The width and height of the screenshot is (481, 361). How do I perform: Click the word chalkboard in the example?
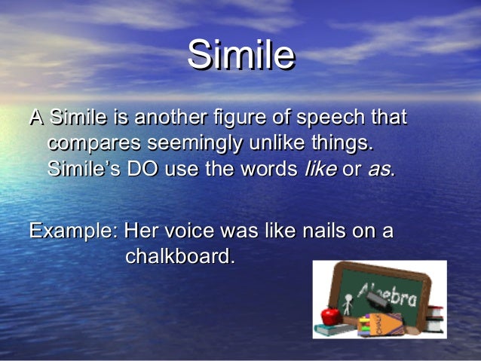[179, 256]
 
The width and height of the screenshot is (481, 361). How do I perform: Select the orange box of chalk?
[386, 323]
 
